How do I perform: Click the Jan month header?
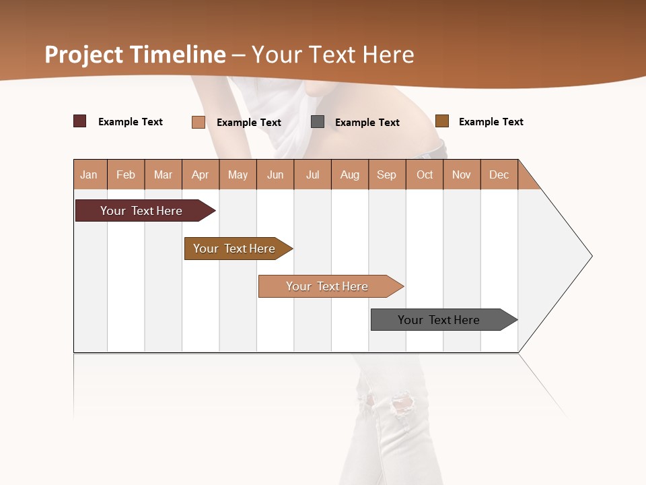click(x=89, y=174)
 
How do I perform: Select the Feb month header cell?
click(x=126, y=174)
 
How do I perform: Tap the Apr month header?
click(x=201, y=174)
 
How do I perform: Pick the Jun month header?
click(x=275, y=174)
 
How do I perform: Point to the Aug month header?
click(x=350, y=174)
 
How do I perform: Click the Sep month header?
click(x=387, y=174)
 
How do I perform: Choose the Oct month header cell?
click(x=425, y=174)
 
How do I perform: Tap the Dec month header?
click(x=499, y=174)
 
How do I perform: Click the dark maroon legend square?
click(x=80, y=121)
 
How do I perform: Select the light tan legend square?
click(x=199, y=122)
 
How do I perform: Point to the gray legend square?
click(x=318, y=122)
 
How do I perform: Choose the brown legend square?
click(x=442, y=121)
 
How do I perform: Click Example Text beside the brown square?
click(x=491, y=122)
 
